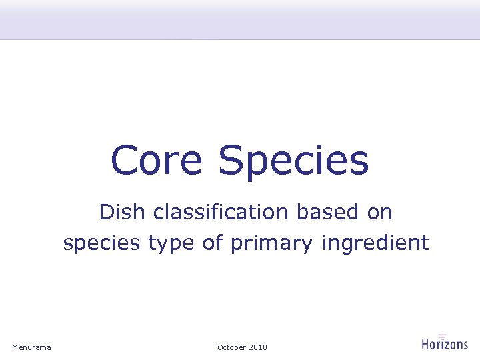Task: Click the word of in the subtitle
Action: coord(213,243)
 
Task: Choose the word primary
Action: coord(271,245)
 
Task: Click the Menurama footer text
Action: coord(31,347)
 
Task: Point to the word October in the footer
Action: coord(231,347)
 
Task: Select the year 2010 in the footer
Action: coord(258,347)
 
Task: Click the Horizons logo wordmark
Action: coord(445,344)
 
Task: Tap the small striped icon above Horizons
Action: coord(442,335)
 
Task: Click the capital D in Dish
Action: coord(106,213)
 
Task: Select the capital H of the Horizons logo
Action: coord(426,344)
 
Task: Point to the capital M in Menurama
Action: coord(15,347)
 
